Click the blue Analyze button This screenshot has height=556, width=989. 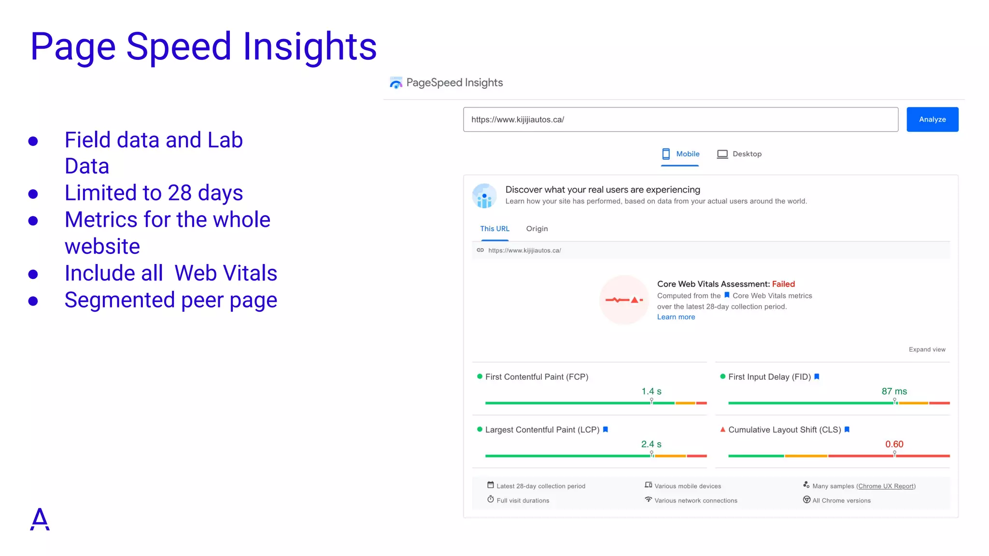932,119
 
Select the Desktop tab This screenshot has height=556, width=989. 739,154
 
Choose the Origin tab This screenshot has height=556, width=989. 537,229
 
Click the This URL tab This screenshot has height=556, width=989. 494,229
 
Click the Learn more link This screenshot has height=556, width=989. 676,317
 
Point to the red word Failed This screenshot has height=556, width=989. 783,284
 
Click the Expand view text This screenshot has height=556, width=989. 927,349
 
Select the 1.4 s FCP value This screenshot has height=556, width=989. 651,391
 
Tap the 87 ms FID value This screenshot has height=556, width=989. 894,391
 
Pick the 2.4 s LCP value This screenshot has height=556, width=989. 651,444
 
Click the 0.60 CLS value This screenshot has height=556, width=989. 894,444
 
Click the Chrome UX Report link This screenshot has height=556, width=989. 886,486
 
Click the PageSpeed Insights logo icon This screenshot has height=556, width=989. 396,83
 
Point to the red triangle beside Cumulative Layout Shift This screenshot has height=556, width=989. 722,430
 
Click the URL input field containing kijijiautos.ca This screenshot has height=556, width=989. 680,119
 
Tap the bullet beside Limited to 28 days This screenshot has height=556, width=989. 33,194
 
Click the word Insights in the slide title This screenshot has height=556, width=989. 309,46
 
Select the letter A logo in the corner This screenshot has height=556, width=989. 40,519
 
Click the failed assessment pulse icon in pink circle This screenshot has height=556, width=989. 624,300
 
